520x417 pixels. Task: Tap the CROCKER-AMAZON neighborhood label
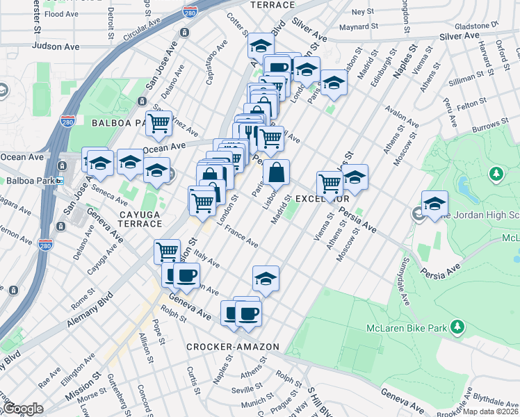232,346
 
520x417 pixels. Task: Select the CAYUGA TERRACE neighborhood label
126,220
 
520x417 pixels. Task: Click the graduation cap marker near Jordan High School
434,203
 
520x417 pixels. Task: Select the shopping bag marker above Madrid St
277,172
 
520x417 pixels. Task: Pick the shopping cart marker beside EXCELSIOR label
330,184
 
